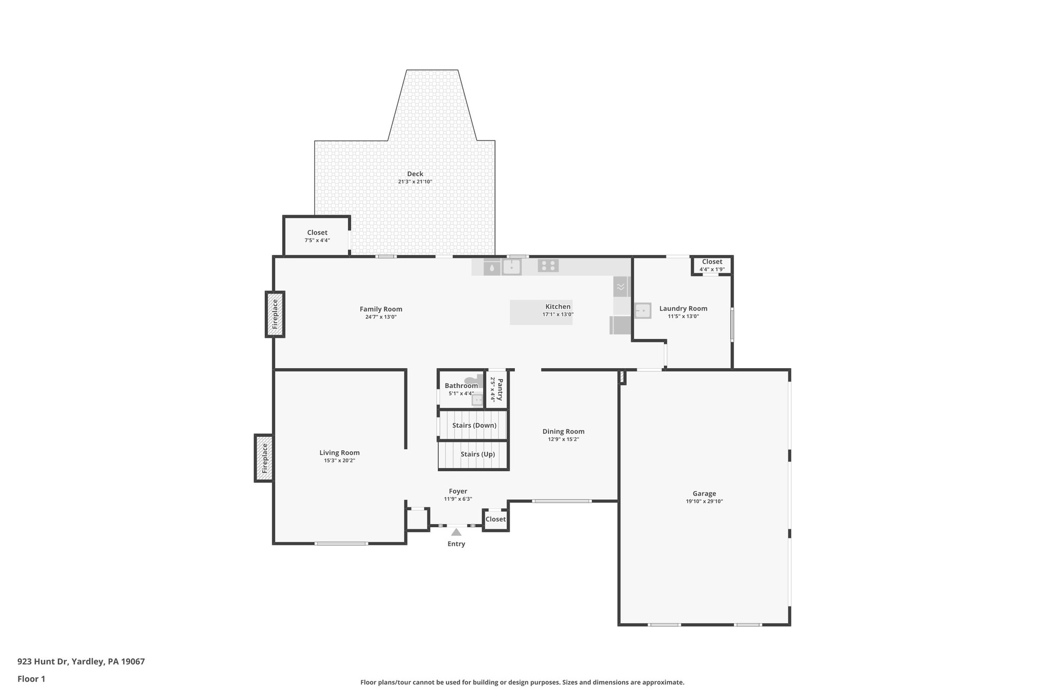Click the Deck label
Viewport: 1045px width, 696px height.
coord(415,174)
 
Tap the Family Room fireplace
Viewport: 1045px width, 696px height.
coord(275,314)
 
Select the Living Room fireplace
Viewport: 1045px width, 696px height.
coord(264,458)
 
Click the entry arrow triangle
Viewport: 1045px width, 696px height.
coord(456,532)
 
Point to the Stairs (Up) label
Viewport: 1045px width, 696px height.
coord(477,454)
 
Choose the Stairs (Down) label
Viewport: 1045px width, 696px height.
coord(474,425)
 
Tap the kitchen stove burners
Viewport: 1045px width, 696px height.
coord(548,266)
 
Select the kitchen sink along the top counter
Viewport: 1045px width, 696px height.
coord(511,267)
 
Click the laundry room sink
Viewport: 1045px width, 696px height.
coord(642,311)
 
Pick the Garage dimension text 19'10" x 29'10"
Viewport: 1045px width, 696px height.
coord(704,501)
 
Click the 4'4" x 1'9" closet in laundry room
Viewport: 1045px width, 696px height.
coord(712,265)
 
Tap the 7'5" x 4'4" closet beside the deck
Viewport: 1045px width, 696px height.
coord(317,236)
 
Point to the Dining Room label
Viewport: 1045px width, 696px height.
coord(563,431)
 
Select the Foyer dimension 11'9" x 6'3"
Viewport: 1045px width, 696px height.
coord(458,499)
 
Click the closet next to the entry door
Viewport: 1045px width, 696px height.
coord(495,519)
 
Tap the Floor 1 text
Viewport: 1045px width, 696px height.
coord(31,679)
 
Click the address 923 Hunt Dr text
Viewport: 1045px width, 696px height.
coord(81,661)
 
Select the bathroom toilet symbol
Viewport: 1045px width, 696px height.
coord(473,380)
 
